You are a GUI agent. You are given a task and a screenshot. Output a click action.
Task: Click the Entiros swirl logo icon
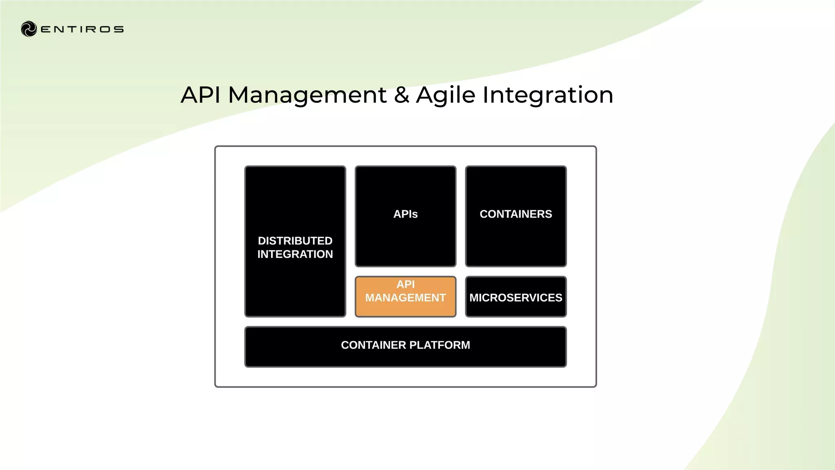[x=29, y=29]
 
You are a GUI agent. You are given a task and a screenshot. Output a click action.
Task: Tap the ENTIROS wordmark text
[x=82, y=29]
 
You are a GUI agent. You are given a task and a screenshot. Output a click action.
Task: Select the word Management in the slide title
[x=307, y=95]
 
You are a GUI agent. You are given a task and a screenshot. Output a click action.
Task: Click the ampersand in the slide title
[x=401, y=95]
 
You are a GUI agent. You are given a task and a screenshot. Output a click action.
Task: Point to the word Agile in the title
[x=446, y=95]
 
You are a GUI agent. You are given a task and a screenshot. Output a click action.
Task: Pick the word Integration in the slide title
[x=548, y=95]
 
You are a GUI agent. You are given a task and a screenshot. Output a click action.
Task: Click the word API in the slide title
[x=201, y=95]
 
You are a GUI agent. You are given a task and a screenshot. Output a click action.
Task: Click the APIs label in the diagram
[x=405, y=214]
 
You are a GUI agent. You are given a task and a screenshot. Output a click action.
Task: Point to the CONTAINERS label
[x=516, y=214]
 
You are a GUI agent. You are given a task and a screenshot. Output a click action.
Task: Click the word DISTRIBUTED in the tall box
[x=295, y=241]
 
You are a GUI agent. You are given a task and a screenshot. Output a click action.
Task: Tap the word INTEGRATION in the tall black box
[x=295, y=254]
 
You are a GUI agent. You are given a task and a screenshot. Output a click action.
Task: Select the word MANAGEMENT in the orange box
[x=405, y=298]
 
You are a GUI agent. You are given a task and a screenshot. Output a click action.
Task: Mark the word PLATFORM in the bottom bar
[x=440, y=345]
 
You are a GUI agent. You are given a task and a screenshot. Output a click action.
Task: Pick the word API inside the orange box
[x=406, y=284]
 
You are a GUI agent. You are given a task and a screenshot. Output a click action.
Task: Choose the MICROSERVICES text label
[x=516, y=298]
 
